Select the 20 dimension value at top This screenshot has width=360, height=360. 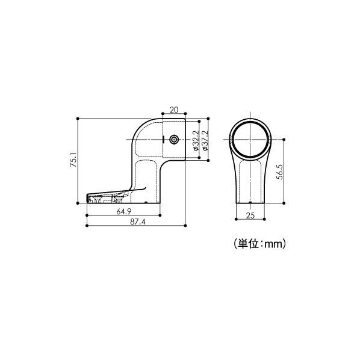[x=174, y=110]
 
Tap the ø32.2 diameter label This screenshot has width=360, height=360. [x=195, y=140]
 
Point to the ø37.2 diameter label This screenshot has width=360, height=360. [x=205, y=140]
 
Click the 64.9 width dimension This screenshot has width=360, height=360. [x=124, y=211]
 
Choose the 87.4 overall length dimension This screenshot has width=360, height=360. [x=138, y=222]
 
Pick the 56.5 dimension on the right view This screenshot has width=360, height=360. [x=280, y=172]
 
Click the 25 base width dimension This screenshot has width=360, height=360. [x=250, y=216]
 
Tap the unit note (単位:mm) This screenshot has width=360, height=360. [x=259, y=244]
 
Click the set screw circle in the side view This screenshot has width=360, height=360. [x=174, y=139]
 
